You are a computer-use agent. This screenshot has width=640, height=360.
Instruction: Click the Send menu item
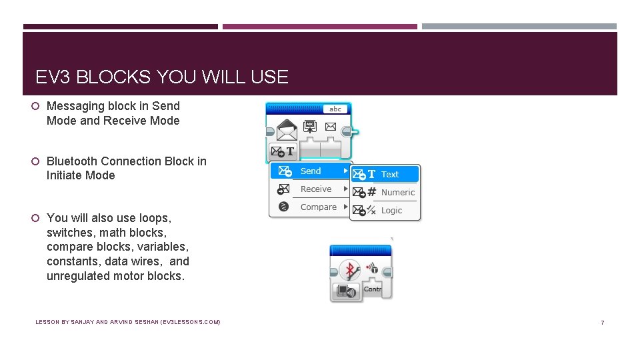311,171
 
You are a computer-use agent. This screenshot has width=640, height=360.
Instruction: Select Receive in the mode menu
315,189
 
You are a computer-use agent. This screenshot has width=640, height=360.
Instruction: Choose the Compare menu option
318,207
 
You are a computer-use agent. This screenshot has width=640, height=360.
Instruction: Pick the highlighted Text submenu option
389,175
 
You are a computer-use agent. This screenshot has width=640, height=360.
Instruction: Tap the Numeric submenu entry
397,193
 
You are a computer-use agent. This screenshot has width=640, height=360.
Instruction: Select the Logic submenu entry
391,211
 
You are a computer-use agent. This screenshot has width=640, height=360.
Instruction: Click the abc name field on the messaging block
335,109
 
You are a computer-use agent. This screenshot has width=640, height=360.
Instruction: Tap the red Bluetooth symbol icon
349,270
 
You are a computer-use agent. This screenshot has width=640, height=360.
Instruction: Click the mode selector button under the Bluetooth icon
346,291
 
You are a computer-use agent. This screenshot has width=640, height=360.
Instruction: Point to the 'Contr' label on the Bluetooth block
373,289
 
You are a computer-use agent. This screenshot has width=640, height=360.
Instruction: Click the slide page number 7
602,323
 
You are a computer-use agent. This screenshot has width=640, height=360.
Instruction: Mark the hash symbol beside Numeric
372,193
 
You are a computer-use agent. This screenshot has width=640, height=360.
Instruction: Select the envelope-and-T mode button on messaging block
283,151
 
